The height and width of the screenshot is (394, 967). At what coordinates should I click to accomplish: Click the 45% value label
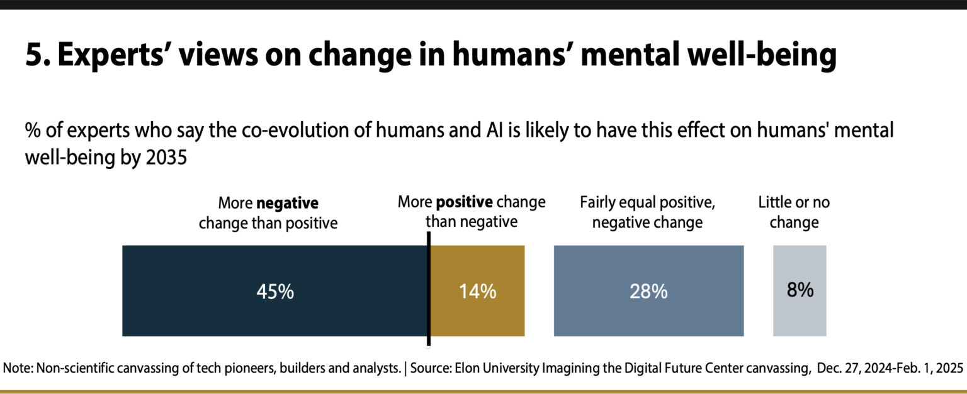pos(274,291)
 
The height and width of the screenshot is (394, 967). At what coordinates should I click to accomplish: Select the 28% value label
pos(648,291)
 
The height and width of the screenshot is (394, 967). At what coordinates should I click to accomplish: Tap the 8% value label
pos(800,290)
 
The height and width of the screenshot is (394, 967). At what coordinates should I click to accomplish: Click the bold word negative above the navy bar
pos(287,204)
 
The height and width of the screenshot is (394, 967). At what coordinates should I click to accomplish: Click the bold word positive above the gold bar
pos(464,202)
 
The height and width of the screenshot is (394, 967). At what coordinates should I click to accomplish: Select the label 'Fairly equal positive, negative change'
pos(648,212)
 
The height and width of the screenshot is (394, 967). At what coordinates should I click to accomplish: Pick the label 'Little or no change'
pos(793,212)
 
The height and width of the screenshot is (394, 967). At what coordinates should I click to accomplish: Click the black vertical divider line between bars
pos(429,290)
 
